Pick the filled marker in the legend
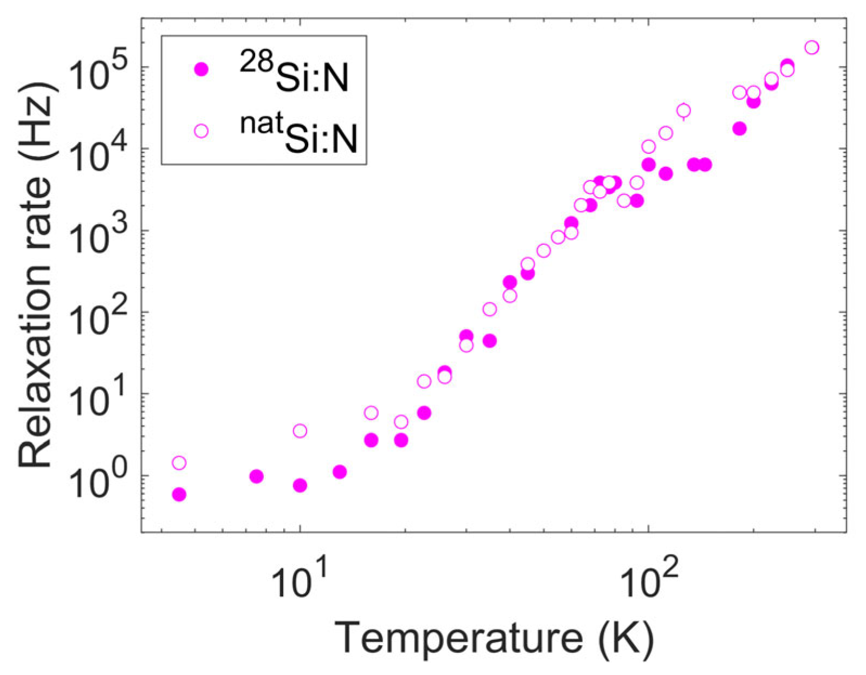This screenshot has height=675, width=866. [x=201, y=69]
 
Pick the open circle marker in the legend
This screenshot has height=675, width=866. [x=201, y=131]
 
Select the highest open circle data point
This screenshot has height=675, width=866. [x=811, y=48]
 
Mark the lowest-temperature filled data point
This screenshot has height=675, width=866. [x=179, y=495]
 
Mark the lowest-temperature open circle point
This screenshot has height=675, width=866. [x=179, y=463]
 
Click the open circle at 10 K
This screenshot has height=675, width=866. [x=300, y=431]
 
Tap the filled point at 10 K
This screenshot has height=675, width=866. [x=300, y=485]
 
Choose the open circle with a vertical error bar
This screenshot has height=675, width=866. [x=683, y=111]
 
